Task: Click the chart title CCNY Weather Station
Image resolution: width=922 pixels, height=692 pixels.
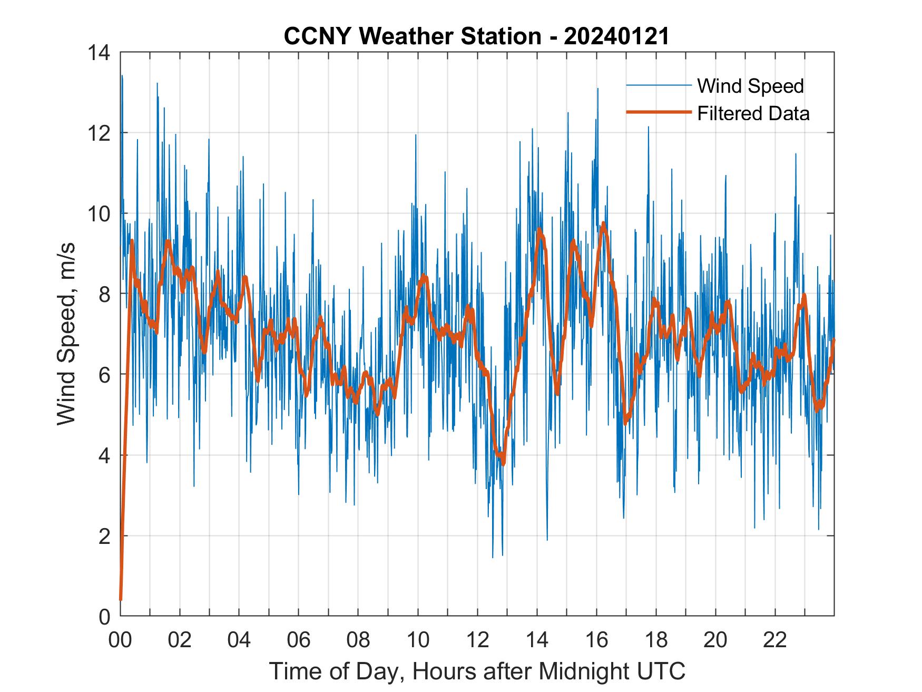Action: pyautogui.click(x=413, y=36)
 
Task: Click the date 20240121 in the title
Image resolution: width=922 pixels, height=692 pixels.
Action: pyautogui.click(x=616, y=36)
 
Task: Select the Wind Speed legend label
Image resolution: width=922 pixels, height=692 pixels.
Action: pyautogui.click(x=750, y=86)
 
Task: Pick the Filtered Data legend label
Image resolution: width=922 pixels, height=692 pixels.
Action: pyautogui.click(x=753, y=113)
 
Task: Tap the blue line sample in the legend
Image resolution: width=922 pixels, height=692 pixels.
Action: pyautogui.click(x=658, y=85)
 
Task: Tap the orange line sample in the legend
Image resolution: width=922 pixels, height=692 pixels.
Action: pyautogui.click(x=658, y=112)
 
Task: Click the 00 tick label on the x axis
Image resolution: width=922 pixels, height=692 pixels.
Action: pyautogui.click(x=120, y=640)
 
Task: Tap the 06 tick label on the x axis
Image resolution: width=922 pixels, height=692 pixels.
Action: pyautogui.click(x=299, y=640)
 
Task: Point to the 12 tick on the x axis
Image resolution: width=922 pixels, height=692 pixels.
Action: pyautogui.click(x=477, y=640)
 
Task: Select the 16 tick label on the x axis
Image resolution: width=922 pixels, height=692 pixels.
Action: pyautogui.click(x=596, y=640)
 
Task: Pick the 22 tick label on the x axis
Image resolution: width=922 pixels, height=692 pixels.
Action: pyautogui.click(x=775, y=640)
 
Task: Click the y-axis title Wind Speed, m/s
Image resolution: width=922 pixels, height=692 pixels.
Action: pyautogui.click(x=67, y=334)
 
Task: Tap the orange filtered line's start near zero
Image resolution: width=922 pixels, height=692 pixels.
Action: pyautogui.click(x=121, y=599)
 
